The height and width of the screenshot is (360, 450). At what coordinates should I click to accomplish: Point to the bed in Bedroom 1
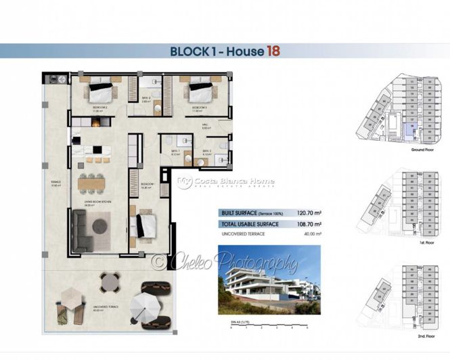point(144,226)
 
